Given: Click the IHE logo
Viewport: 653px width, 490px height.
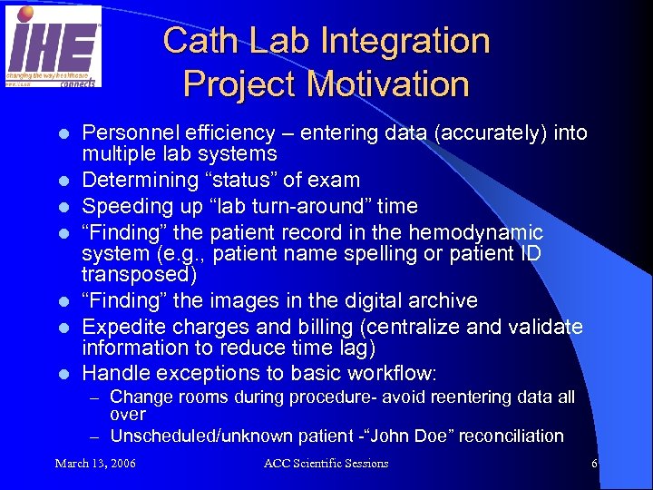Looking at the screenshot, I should [54, 46].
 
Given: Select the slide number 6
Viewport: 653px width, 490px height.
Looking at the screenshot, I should [594, 464].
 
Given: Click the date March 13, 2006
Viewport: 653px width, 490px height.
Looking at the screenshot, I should [96, 464].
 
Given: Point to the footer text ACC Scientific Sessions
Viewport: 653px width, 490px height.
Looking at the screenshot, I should [326, 464].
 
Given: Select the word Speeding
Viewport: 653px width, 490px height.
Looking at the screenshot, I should [123, 205].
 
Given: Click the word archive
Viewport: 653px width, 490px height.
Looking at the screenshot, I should [443, 300].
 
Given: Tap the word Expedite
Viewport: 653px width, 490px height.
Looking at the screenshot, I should [121, 326].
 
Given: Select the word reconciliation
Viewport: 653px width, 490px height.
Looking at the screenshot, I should [512, 436].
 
